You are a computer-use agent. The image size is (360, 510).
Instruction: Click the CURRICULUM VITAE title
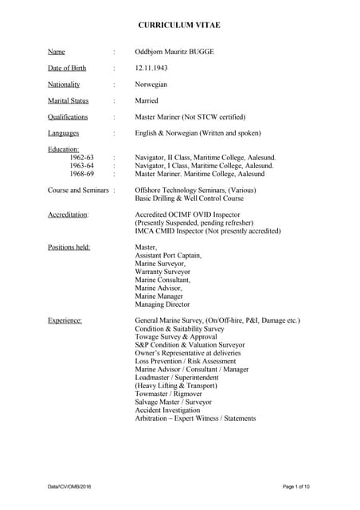tap(179, 25)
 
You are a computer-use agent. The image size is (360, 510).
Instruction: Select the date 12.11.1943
tap(151, 68)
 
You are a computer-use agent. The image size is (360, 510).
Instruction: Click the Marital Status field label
tap(68, 100)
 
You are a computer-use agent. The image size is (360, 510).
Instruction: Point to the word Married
tap(147, 100)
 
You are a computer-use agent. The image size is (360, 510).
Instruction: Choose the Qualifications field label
tap(68, 116)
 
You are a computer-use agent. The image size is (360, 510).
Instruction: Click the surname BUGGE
tap(202, 52)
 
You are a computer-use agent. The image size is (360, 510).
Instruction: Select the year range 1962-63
tap(82, 158)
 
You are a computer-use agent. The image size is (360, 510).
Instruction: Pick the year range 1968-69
tap(82, 174)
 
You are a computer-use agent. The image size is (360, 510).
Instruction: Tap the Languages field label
tap(64, 133)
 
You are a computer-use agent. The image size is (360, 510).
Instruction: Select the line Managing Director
tap(162, 304)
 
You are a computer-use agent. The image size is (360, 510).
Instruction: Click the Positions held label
tap(69, 247)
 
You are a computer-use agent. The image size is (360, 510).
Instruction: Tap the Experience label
tap(65, 320)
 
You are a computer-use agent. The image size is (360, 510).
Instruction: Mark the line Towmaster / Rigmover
tap(169, 394)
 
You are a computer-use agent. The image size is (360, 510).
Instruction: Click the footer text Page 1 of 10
tap(296, 486)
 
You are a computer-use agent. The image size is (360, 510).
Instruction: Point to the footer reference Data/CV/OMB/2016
tap(68, 486)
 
